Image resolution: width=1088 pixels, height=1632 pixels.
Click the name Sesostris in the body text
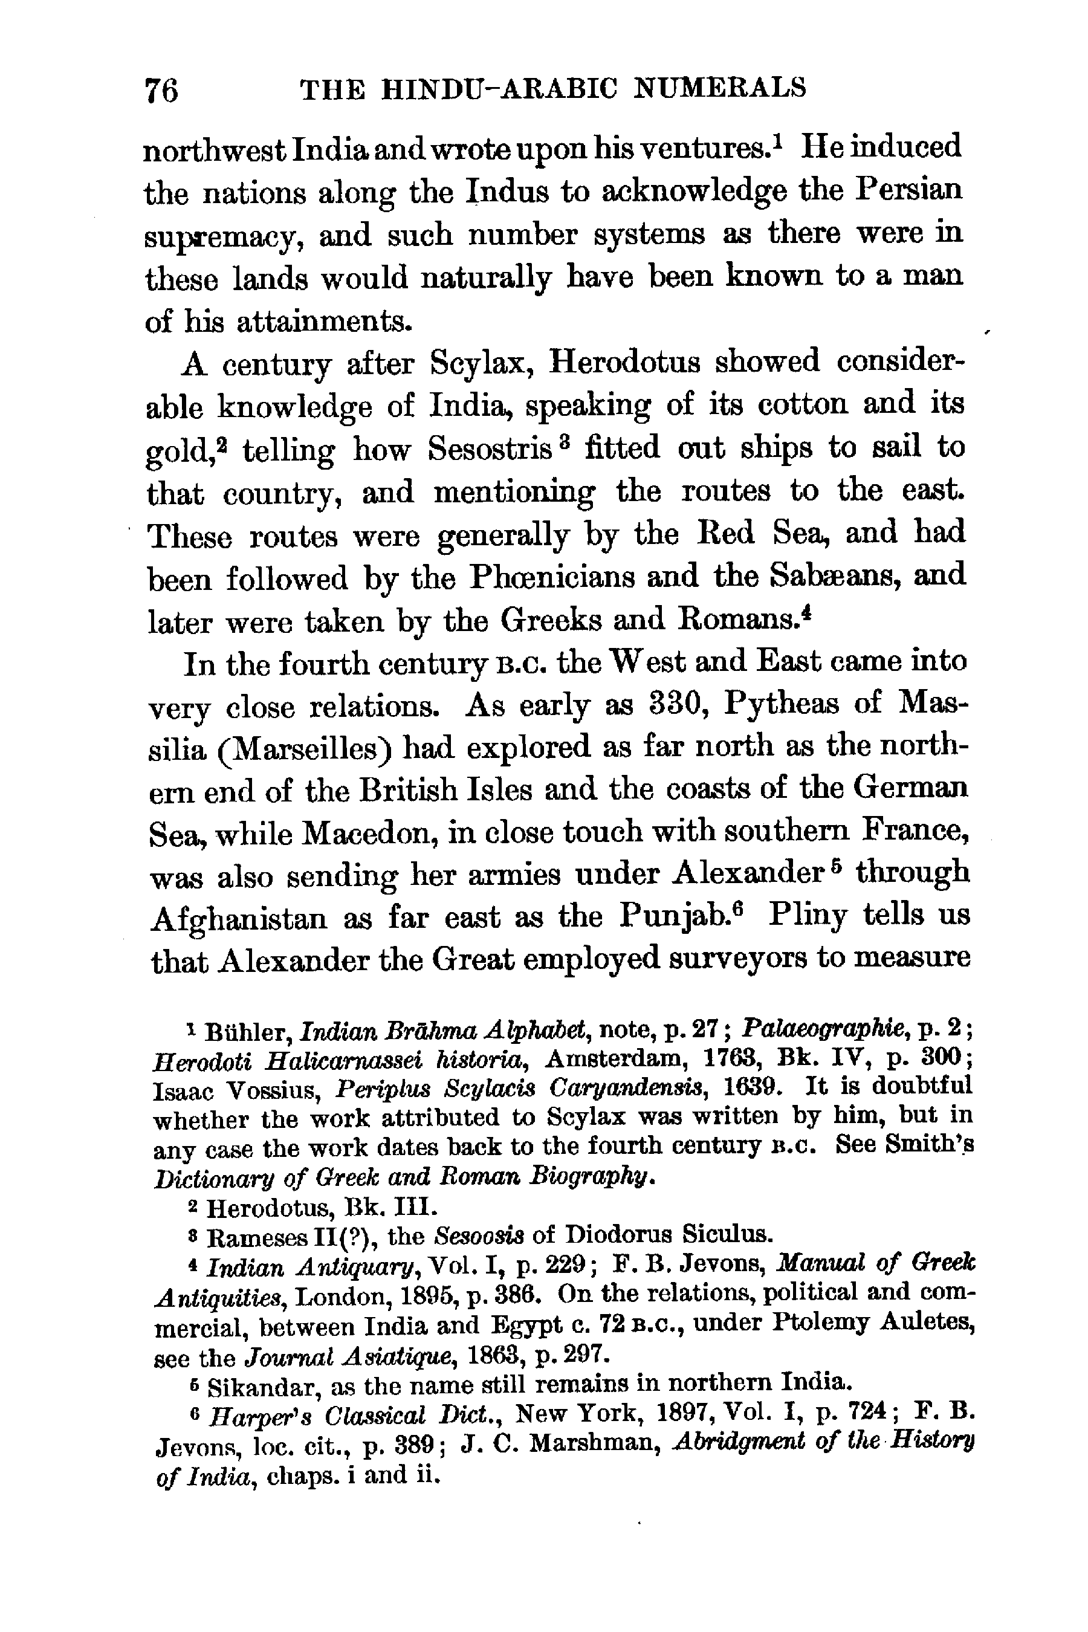(489, 447)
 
